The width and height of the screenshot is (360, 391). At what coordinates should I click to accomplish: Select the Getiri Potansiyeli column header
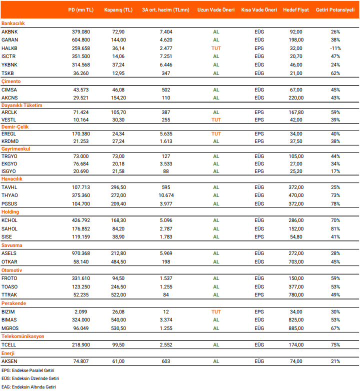(x=335, y=10)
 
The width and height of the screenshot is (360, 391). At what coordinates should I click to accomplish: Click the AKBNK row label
(x=9, y=31)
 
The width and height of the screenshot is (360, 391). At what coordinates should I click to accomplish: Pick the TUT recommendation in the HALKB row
(x=216, y=48)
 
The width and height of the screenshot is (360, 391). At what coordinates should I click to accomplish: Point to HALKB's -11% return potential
(x=335, y=48)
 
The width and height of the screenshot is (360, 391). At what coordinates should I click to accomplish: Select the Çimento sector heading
(x=11, y=81)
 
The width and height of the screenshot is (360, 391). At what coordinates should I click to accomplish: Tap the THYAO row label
(x=9, y=195)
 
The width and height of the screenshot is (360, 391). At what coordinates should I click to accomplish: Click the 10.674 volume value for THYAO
(x=165, y=195)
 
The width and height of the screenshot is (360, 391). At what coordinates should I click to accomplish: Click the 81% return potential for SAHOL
(x=335, y=228)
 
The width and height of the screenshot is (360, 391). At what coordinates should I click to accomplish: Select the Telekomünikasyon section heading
(x=22, y=336)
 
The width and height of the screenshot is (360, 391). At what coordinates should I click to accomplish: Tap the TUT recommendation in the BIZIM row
(x=216, y=311)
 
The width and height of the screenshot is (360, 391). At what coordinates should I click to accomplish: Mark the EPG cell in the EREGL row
(x=259, y=134)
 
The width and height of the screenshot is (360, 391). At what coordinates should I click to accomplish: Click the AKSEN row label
(x=9, y=361)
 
